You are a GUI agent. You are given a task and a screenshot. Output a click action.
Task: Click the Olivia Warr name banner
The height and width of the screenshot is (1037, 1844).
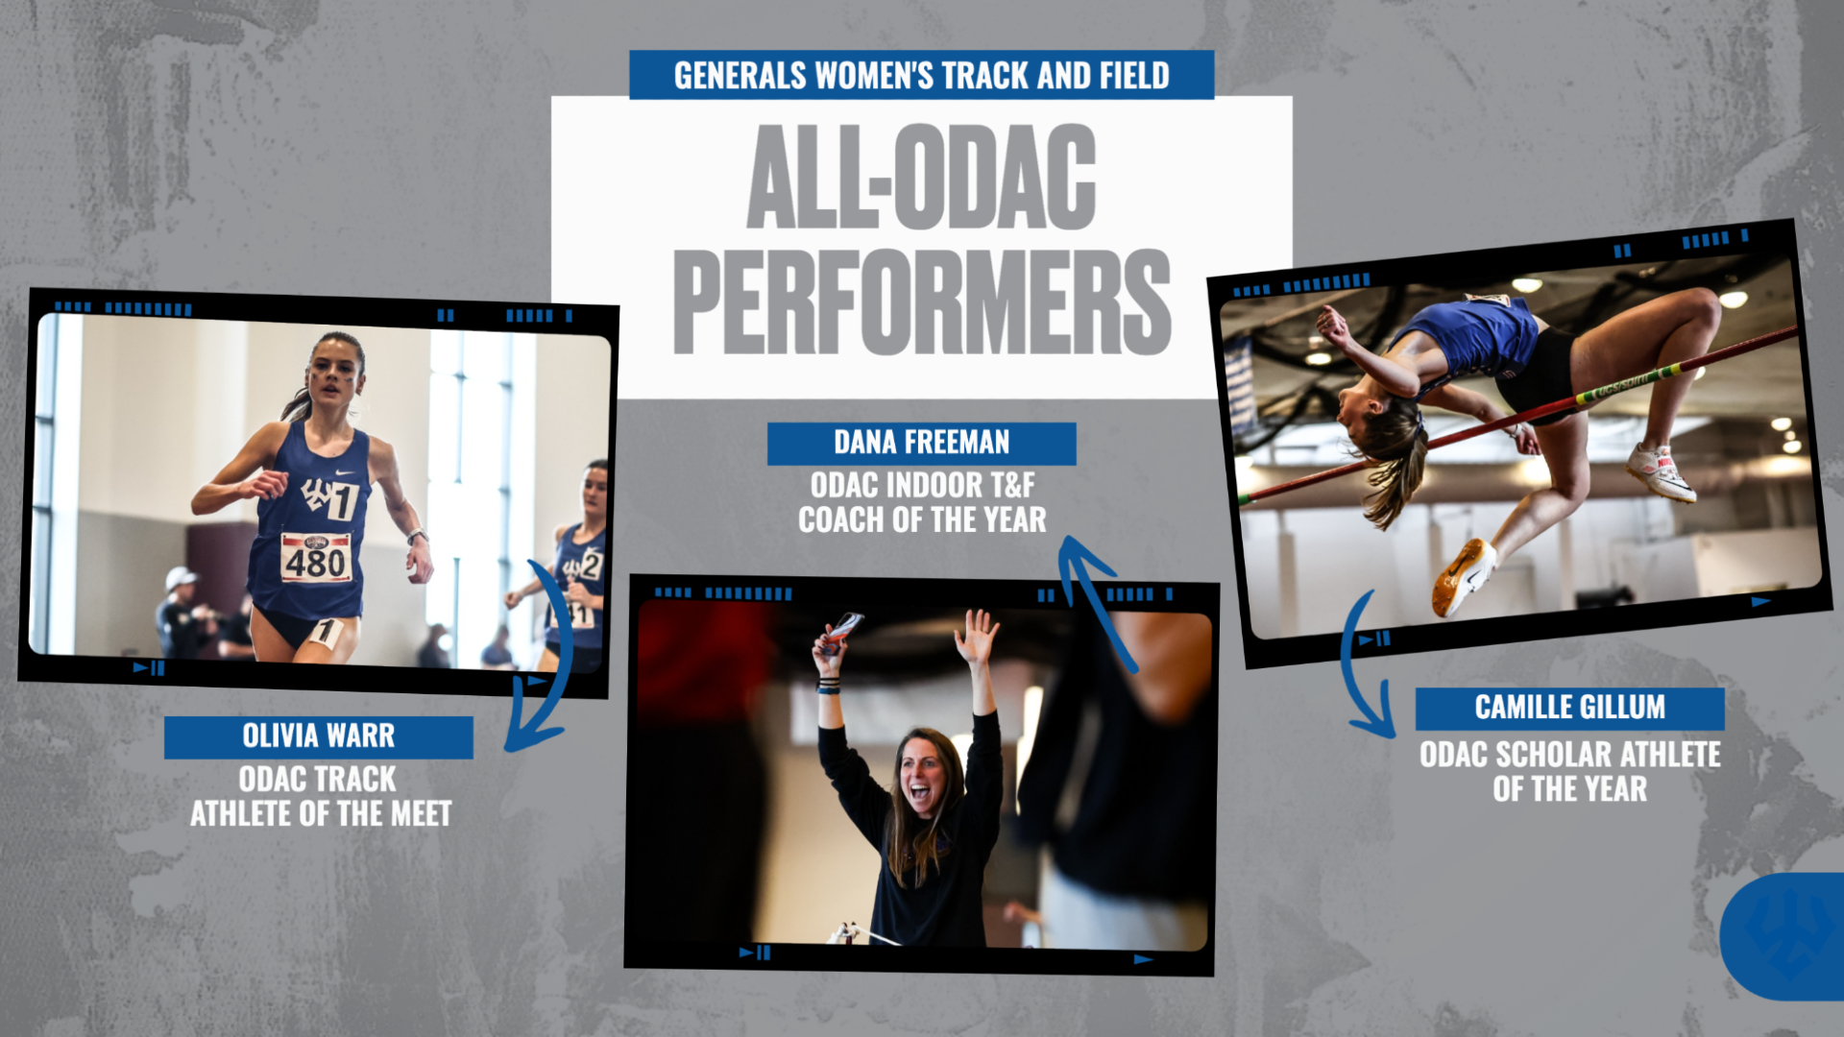[318, 736]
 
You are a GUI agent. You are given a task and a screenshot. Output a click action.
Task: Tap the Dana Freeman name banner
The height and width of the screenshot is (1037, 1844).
[921, 443]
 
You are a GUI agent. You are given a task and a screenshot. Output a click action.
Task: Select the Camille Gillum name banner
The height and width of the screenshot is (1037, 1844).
[1569, 708]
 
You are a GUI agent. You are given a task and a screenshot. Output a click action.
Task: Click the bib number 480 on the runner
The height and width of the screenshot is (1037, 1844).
[315, 559]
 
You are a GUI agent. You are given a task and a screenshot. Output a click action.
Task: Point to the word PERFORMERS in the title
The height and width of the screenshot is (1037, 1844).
[921, 301]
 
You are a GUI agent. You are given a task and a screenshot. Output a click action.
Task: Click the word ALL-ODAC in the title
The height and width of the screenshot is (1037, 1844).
[921, 178]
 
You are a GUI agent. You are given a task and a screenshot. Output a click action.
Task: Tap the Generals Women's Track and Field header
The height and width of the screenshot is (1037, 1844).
[921, 75]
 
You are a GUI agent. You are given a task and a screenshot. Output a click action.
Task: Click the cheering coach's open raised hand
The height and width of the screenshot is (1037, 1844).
[976, 635]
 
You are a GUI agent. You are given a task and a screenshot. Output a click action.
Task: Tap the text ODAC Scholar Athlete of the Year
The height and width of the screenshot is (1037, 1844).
[1569, 771]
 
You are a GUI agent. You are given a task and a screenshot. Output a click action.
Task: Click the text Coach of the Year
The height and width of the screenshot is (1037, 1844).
[921, 520]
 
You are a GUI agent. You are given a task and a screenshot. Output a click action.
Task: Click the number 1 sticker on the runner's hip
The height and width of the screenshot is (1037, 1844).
[325, 631]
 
